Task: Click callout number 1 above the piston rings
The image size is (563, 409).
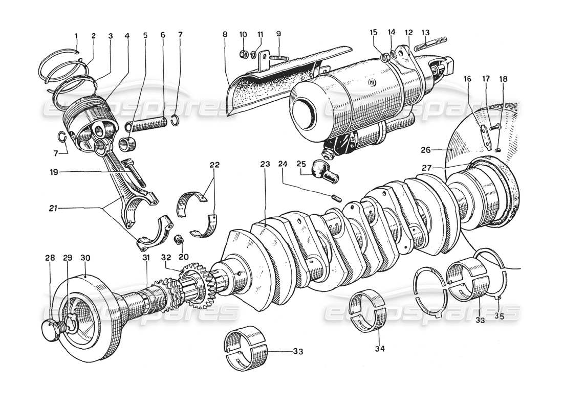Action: click(x=76, y=36)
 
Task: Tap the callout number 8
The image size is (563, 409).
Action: click(x=225, y=35)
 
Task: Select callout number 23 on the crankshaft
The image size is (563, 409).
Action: click(x=264, y=164)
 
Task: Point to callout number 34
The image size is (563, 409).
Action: click(x=379, y=349)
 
